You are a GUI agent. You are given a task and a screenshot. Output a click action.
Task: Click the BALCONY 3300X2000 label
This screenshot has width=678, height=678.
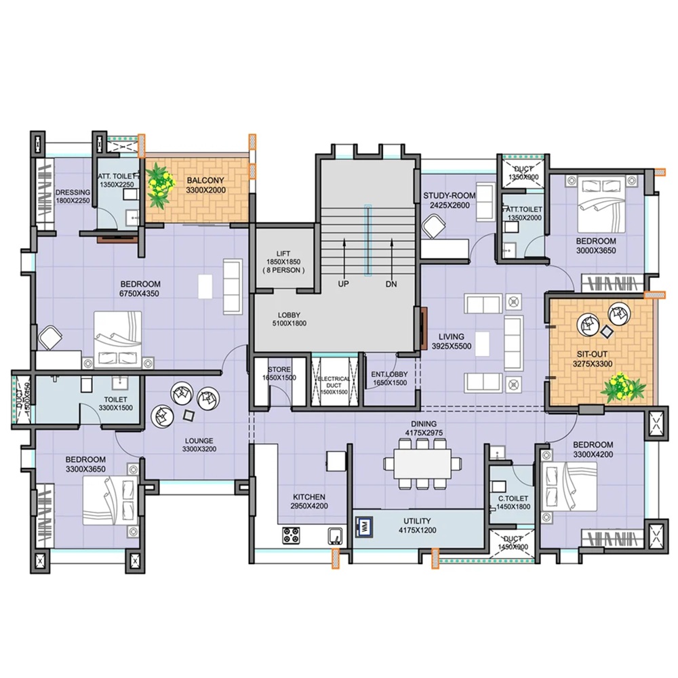coord(205,185)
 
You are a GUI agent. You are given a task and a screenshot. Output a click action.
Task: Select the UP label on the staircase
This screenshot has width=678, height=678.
coord(344,284)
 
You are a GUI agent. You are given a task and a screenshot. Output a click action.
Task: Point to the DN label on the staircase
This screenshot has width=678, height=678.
coord(391,284)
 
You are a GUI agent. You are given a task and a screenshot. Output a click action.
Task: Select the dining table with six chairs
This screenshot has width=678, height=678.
coord(418,462)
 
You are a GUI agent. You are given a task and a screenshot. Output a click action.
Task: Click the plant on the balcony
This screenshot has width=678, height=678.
coord(159,187)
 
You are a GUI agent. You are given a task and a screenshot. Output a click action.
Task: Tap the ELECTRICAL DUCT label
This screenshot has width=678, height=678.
coord(334,385)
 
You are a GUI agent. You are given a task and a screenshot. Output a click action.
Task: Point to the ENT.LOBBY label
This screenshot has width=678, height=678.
coord(389,378)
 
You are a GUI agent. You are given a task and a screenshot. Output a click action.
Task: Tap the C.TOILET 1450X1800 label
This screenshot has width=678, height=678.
coord(513,502)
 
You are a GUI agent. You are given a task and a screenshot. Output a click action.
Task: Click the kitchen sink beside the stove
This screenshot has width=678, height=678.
coord(336,535)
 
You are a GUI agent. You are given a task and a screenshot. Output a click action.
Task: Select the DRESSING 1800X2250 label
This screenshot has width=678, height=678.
coord(72,197)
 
